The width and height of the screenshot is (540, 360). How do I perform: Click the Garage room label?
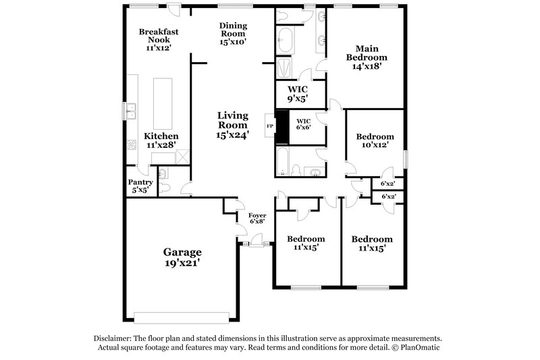pyautogui.click(x=181, y=258)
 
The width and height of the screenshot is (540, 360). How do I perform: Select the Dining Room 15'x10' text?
pyautogui.click(x=233, y=34)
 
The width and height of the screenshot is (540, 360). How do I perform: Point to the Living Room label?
pyautogui.click(x=233, y=125)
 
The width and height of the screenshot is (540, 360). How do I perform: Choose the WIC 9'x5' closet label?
pyautogui.click(x=298, y=94)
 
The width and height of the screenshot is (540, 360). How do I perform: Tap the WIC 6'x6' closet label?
pyautogui.click(x=302, y=125)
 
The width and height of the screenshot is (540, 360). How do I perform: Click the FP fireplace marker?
pyautogui.click(x=270, y=126)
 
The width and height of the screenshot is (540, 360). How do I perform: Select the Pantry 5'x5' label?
pyautogui.click(x=140, y=186)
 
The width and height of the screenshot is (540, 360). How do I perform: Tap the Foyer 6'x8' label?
pyautogui.click(x=258, y=218)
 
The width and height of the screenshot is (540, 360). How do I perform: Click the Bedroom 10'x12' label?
pyautogui.click(x=375, y=141)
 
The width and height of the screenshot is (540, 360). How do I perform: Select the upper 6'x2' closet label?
pyautogui.click(x=387, y=183)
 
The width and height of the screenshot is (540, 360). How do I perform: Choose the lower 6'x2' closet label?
pyautogui.click(x=387, y=197)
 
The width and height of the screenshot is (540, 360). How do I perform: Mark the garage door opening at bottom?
pyautogui.click(x=182, y=317)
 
